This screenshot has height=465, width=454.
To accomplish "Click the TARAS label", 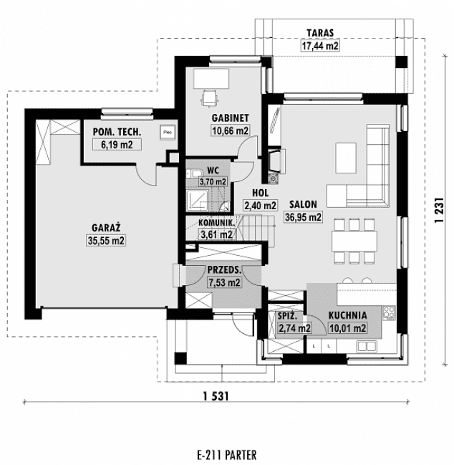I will [x=320, y=32].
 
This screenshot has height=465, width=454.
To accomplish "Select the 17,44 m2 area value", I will [x=320, y=46].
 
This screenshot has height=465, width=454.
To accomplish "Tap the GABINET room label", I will [x=229, y=118].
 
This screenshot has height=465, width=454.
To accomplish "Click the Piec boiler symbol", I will [x=168, y=132].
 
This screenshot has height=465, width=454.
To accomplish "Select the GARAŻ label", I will [x=105, y=227].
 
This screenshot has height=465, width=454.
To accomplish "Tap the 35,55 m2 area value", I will [x=105, y=241].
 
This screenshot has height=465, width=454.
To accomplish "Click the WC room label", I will [x=213, y=171].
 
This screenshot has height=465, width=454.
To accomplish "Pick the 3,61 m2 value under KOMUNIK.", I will [x=216, y=234].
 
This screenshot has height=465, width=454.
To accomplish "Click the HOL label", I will [x=260, y=193].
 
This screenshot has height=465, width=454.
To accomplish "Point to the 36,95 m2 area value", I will [x=303, y=217].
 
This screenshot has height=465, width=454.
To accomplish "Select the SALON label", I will [x=303, y=203].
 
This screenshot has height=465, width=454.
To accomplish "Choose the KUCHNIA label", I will [x=348, y=315].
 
